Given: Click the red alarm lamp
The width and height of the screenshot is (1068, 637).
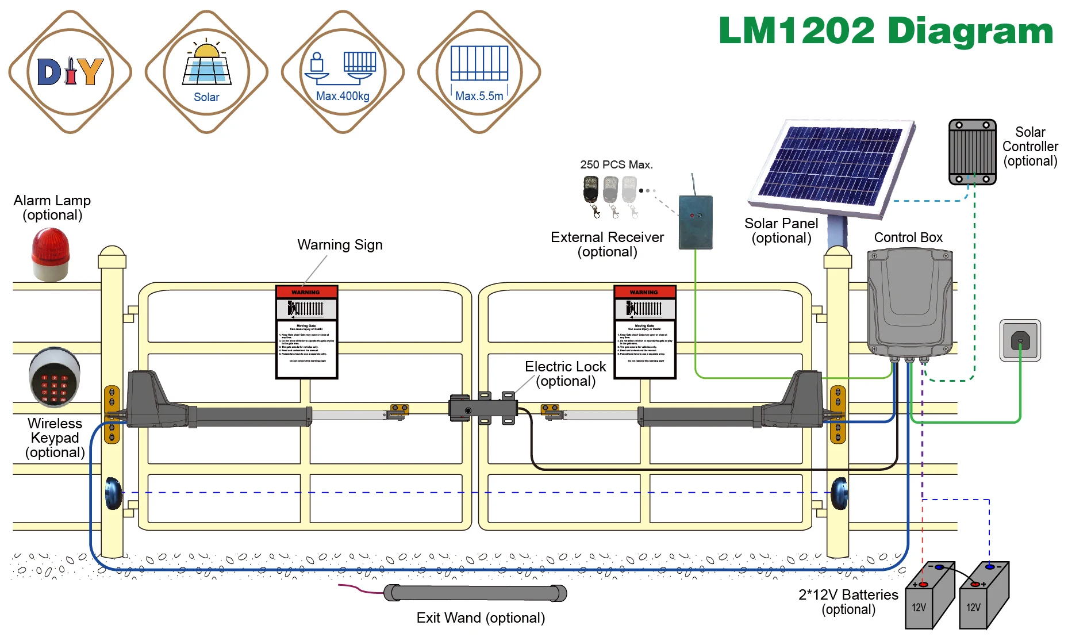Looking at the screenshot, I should pos(51,254).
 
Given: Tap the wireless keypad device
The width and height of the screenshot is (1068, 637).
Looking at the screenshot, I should pos(55,377).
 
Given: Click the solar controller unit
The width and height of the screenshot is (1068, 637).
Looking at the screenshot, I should pos(972,152).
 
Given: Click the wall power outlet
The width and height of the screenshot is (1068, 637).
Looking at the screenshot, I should pos(1020,340).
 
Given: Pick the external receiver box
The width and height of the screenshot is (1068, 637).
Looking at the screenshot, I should pos(696,222).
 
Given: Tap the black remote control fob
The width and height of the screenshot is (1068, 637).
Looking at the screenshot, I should pos(591,190).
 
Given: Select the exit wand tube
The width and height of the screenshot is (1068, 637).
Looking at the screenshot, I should pos(475,593).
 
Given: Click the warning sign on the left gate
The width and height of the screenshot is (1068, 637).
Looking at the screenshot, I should pos(306,332).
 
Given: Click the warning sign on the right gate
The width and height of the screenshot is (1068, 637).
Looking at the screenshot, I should pos(644,332).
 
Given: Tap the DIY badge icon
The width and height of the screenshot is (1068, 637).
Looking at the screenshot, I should pos(70,72).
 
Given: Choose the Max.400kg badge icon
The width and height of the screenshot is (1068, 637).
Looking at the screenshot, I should pos(343,72).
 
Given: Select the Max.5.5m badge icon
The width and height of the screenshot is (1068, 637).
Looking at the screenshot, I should pos(479,72).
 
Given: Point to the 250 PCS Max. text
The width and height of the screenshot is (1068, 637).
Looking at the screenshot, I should pos(616,164).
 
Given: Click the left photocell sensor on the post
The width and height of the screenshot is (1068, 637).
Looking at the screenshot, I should pos(113,493).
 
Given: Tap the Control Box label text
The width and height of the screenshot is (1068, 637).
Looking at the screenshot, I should pos(908,237).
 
